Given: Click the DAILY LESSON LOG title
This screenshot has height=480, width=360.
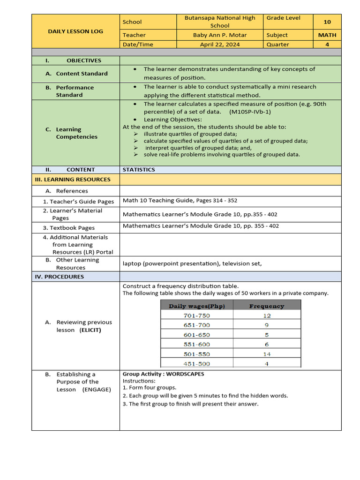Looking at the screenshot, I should click(75, 31).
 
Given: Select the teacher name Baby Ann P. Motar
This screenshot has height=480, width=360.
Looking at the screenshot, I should click(220, 35).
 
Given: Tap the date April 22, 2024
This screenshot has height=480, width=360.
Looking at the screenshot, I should click(220, 45).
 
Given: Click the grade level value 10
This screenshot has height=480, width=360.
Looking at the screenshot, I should click(327, 22).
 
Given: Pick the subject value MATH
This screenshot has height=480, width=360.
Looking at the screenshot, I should click(327, 35).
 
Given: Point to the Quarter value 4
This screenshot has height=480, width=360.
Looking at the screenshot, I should click(327, 45).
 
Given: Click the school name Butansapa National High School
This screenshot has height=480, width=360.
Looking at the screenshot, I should click(220, 22).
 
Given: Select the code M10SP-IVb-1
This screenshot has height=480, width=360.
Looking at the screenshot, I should click(250, 112).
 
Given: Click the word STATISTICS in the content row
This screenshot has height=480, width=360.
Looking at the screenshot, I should click(139, 170).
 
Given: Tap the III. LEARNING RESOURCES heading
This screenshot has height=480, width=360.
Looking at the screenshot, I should click(73, 180).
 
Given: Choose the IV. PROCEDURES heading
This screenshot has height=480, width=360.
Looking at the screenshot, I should click(60, 277).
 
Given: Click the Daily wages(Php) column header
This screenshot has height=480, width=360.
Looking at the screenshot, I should click(197, 306).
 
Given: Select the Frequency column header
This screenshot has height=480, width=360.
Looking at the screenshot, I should click(266, 306).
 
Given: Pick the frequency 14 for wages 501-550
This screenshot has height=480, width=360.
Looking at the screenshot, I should click(267, 354).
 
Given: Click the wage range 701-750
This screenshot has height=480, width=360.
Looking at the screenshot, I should click(197, 315).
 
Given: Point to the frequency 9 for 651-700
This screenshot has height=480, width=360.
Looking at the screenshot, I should click(267, 325).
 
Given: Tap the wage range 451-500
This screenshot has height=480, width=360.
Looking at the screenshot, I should click(197, 364).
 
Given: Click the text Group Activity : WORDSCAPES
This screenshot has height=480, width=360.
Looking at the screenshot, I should click(163, 374).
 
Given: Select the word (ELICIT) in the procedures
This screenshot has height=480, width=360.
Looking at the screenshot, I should click(90, 330).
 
